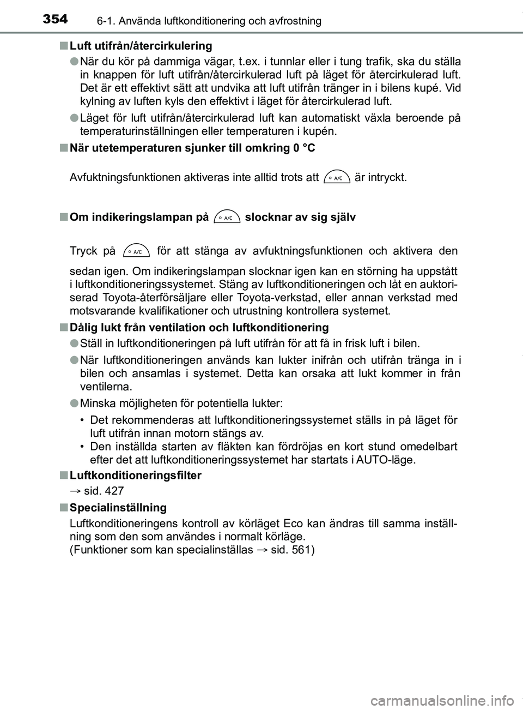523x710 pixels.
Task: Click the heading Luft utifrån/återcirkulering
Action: tap(141, 45)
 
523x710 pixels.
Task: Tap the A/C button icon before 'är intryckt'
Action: tap(336, 178)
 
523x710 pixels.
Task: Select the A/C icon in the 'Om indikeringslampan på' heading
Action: tap(227, 218)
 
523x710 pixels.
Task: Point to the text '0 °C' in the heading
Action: tap(303, 148)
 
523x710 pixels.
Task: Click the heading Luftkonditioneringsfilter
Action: tap(135, 476)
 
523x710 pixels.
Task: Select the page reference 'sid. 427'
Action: tap(104, 491)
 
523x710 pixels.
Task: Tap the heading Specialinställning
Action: tap(118, 508)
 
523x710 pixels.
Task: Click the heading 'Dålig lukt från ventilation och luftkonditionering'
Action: tap(199, 328)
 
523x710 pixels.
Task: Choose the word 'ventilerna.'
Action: tap(105, 387)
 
